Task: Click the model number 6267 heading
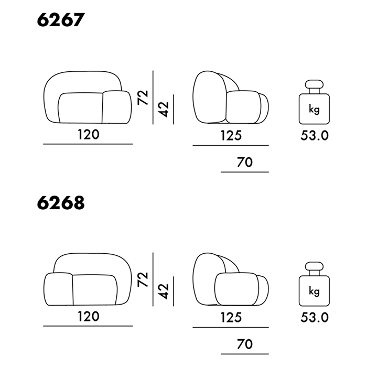[x=61, y=20]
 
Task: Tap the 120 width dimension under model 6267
[x=89, y=135]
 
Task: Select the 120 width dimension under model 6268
[x=89, y=317]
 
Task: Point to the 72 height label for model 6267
[x=143, y=98]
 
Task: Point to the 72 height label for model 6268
[x=143, y=279]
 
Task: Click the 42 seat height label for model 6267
[x=164, y=109]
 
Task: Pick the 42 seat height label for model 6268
[x=164, y=292]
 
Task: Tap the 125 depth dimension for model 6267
[x=231, y=135]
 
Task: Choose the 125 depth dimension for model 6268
[x=231, y=318]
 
